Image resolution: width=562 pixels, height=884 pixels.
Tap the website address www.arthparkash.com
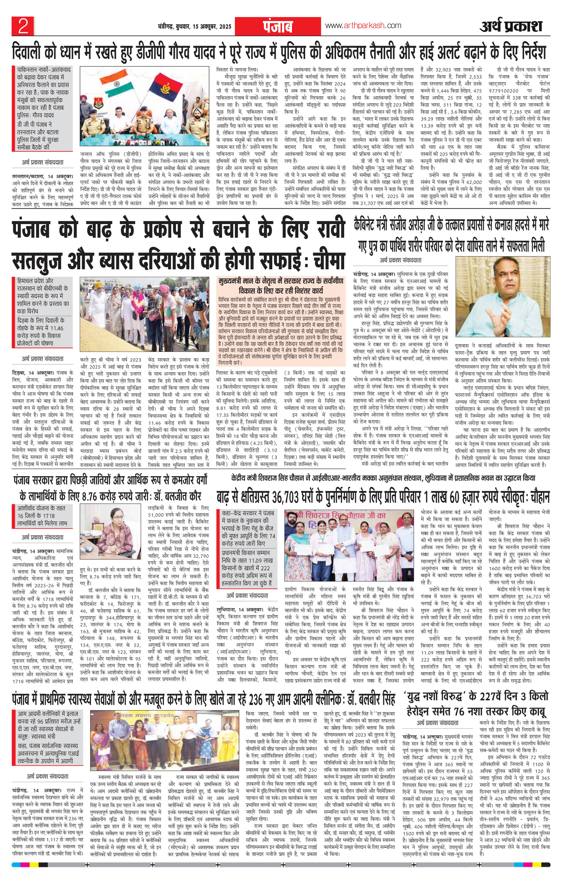(x=363, y=25)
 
